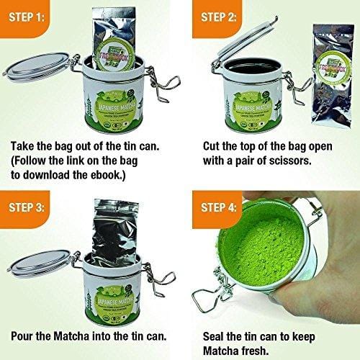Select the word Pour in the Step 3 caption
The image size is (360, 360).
(x=27, y=335)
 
